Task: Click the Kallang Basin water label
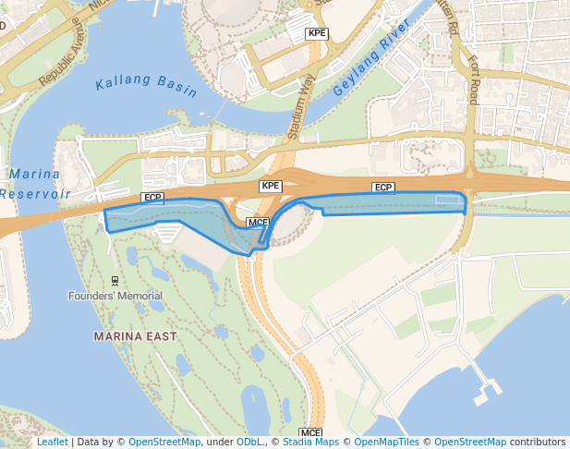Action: coord(146,88)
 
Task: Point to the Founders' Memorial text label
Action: coord(115,296)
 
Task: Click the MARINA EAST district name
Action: coord(135,336)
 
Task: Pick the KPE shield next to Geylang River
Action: coord(318,33)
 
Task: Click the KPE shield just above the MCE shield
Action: coord(270,186)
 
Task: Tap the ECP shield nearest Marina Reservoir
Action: coord(152,198)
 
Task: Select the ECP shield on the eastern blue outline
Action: coord(383,188)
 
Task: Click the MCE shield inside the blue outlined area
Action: coord(258,223)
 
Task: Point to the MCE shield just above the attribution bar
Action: coord(310,432)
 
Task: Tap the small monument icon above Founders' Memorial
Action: coord(115,280)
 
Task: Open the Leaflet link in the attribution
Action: coord(52,443)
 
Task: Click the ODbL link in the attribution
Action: coord(249,443)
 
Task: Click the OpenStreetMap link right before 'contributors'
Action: coord(470,443)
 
